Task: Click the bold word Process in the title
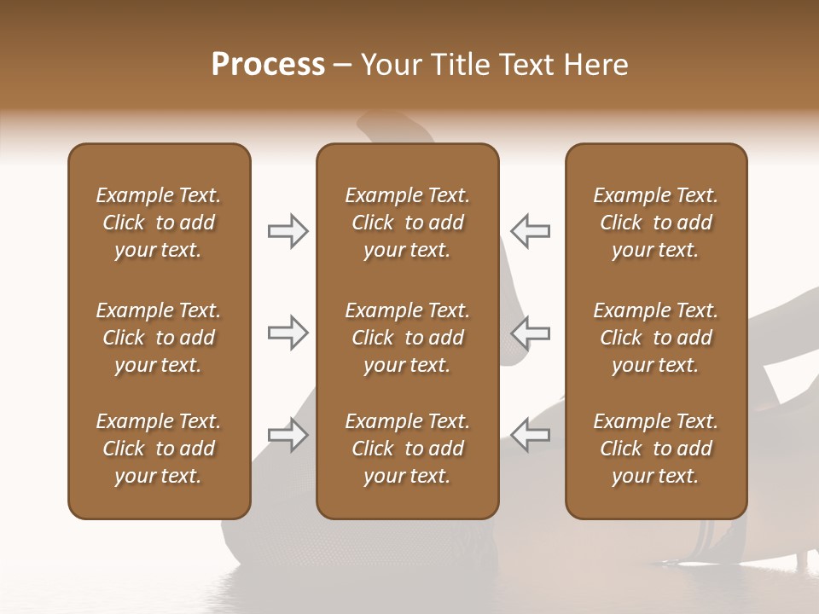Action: [268, 65]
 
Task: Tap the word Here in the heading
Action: [594, 65]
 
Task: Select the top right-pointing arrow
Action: [288, 231]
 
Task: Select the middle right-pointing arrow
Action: [288, 333]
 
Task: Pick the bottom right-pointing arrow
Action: [288, 435]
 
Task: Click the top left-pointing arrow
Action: [530, 231]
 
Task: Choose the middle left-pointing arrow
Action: [530, 333]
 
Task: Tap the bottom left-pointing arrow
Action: [530, 435]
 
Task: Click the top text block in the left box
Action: [159, 223]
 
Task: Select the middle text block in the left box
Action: [159, 338]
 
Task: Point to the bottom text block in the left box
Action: [159, 449]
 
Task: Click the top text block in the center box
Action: [408, 223]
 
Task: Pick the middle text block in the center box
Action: [408, 338]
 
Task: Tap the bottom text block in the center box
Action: [408, 449]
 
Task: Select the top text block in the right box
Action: [656, 223]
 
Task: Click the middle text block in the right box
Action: [656, 338]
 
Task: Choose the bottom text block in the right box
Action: [656, 449]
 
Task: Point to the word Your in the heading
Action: [390, 65]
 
